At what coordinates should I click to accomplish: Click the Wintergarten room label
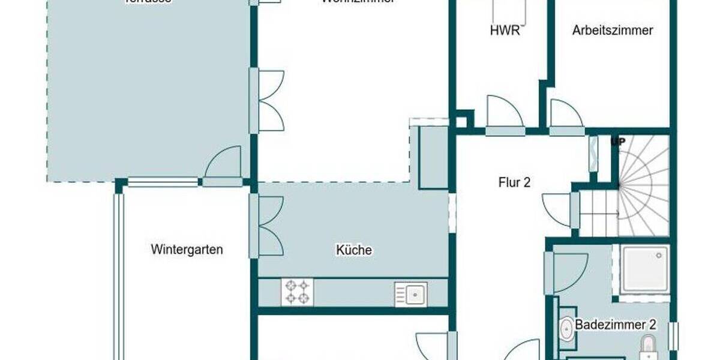coord(187,249)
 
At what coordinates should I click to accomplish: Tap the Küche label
coord(354,250)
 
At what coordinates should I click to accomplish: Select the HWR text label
coord(505,31)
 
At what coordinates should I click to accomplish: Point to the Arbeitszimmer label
coord(612,30)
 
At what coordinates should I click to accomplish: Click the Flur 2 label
coord(514,182)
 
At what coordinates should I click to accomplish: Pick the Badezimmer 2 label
coord(616,325)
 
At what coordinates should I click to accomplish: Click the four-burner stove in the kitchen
coord(297,292)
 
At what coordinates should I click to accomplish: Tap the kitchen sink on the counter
coord(411,294)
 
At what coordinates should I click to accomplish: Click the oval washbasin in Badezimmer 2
coord(566,329)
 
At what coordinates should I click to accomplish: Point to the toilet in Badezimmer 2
coord(648,346)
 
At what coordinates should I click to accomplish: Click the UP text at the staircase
coord(617,142)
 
